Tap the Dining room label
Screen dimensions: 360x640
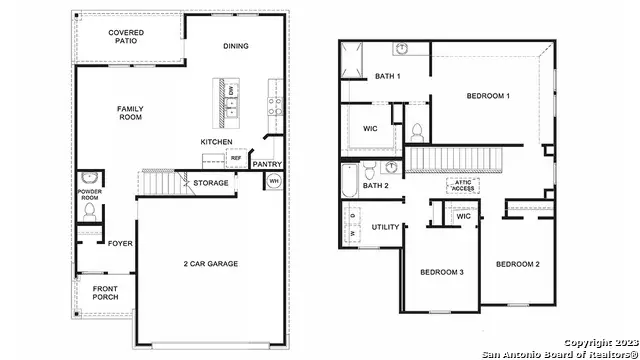click(236, 47)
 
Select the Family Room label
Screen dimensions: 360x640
click(129, 113)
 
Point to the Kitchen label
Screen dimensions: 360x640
click(216, 142)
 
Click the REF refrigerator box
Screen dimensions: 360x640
click(236, 158)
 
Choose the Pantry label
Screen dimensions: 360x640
click(266, 164)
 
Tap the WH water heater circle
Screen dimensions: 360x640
click(274, 181)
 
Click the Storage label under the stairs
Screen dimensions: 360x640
click(211, 183)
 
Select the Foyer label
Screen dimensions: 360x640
click(120, 242)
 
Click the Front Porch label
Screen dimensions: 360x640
click(105, 292)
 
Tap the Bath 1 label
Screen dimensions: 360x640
click(388, 77)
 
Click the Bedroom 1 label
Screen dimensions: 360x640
click(488, 96)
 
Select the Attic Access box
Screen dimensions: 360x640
click(465, 184)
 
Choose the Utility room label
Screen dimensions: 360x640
click(386, 227)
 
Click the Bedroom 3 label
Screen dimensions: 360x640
click(440, 273)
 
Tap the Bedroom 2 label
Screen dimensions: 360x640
click(518, 264)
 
